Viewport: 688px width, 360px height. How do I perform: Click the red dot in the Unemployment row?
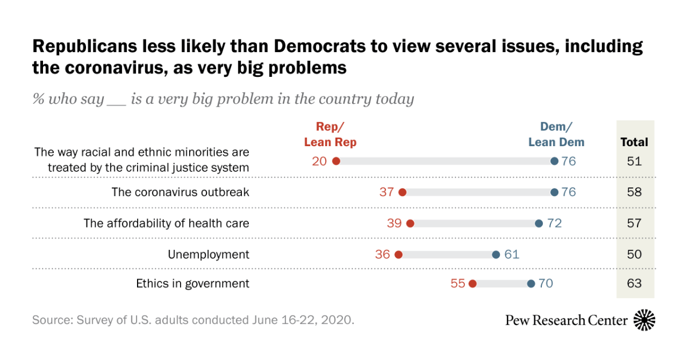(398, 254)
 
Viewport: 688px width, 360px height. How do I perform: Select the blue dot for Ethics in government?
(531, 283)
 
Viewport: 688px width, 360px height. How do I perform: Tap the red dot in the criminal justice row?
(336, 162)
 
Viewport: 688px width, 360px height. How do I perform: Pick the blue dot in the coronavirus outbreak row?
(554, 193)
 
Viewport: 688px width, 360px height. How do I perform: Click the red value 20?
(319, 162)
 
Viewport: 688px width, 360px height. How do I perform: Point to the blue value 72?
(554, 223)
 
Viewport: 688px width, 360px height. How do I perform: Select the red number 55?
(458, 283)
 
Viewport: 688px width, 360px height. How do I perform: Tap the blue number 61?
(511, 254)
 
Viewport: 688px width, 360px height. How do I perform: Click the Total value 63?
(634, 283)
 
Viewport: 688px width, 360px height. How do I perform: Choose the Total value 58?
(634, 193)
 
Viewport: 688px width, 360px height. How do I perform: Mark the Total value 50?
(634, 254)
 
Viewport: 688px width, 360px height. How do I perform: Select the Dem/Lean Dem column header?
(556, 135)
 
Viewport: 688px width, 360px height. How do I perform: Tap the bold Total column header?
(634, 142)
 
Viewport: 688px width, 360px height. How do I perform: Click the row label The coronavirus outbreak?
(180, 193)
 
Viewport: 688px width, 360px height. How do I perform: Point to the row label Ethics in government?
(193, 283)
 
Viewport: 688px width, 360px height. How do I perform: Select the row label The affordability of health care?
(166, 223)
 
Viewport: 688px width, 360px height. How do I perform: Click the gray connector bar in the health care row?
(474, 223)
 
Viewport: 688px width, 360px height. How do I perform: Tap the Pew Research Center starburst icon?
(644, 320)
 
